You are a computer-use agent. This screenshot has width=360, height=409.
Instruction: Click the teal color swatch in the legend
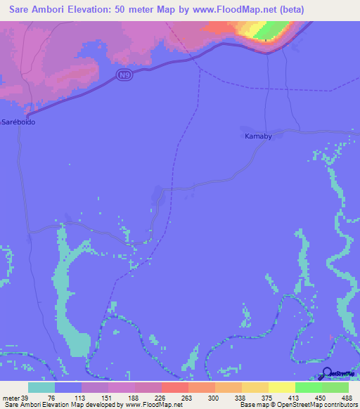(x=41, y=387)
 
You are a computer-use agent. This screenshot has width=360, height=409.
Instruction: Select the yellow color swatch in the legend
(x=281, y=387)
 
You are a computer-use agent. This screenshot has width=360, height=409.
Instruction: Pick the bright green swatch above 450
(x=308, y=387)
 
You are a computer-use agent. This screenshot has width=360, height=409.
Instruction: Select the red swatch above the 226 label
(x=174, y=387)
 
